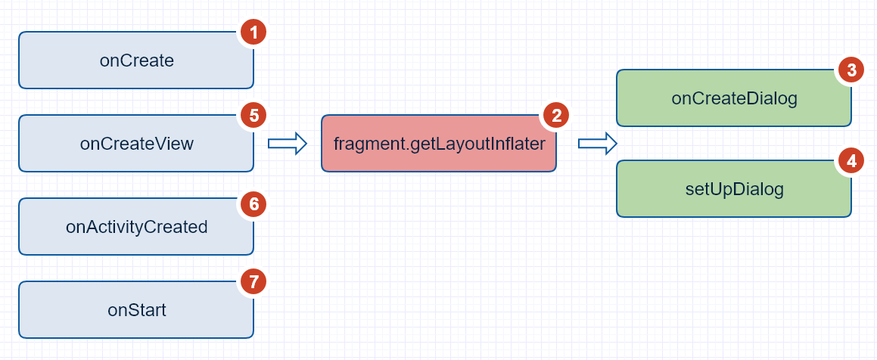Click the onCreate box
click(136, 61)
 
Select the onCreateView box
click(136, 144)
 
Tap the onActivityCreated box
click(136, 227)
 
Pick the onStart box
click(136, 310)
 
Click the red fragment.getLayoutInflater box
click(439, 144)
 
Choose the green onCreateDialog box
click(734, 98)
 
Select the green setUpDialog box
click(734, 189)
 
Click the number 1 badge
click(253, 33)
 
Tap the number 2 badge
click(556, 116)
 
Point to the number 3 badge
click(851, 70)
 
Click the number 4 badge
click(851, 161)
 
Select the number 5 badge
click(253, 116)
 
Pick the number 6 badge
click(253, 203)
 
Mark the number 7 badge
click(253, 282)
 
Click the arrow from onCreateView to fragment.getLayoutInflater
click(288, 142)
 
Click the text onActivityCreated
click(137, 227)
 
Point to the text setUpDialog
click(729, 189)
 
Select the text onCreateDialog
click(734, 98)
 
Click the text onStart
click(137, 310)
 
